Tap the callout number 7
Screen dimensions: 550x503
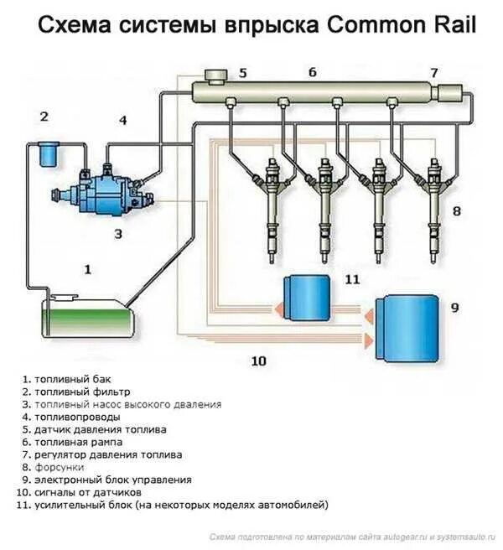(434, 72)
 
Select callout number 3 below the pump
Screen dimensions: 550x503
(118, 234)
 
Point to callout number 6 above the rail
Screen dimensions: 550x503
(312, 73)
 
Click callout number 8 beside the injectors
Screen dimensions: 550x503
(457, 211)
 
